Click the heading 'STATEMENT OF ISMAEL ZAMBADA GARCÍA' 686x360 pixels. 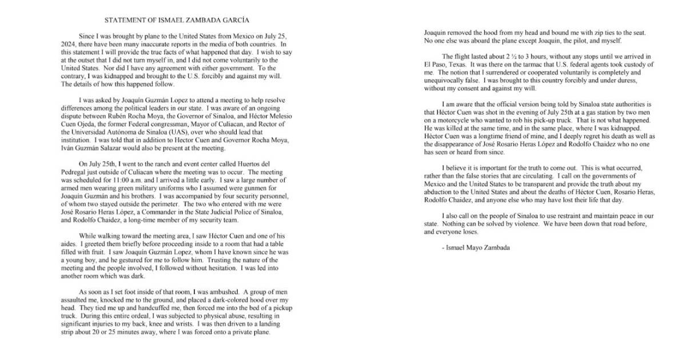[x=177, y=20]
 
